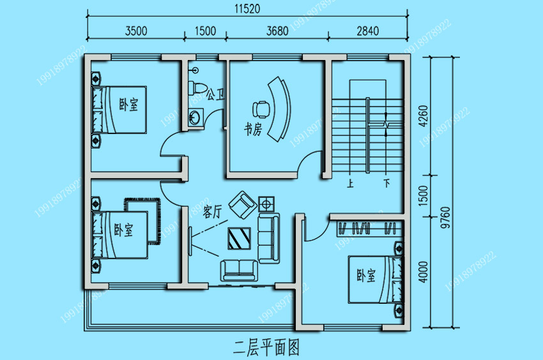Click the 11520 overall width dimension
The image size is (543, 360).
tap(247, 9)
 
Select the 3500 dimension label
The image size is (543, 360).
tap(136, 31)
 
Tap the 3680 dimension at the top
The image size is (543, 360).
tap(277, 31)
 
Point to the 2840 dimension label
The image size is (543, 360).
tap(368, 31)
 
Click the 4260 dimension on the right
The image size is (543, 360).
tap(423, 116)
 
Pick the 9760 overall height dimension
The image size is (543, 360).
tap(445, 218)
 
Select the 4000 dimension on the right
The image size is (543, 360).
tap(423, 272)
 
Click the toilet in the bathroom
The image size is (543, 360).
tap(197, 87)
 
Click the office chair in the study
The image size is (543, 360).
tap(261, 109)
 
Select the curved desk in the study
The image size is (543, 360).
tap(280, 109)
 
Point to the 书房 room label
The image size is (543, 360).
tap(253, 129)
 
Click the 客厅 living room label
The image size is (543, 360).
tap(212, 211)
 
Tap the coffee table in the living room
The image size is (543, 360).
tap(240, 239)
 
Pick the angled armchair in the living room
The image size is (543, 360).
tap(243, 205)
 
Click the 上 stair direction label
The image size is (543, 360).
tap(351, 183)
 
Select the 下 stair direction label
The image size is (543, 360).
tap(387, 183)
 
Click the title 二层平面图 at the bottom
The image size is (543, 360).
tap(266, 347)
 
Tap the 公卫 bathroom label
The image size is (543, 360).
tap(215, 94)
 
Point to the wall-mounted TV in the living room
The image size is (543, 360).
tap(190, 241)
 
